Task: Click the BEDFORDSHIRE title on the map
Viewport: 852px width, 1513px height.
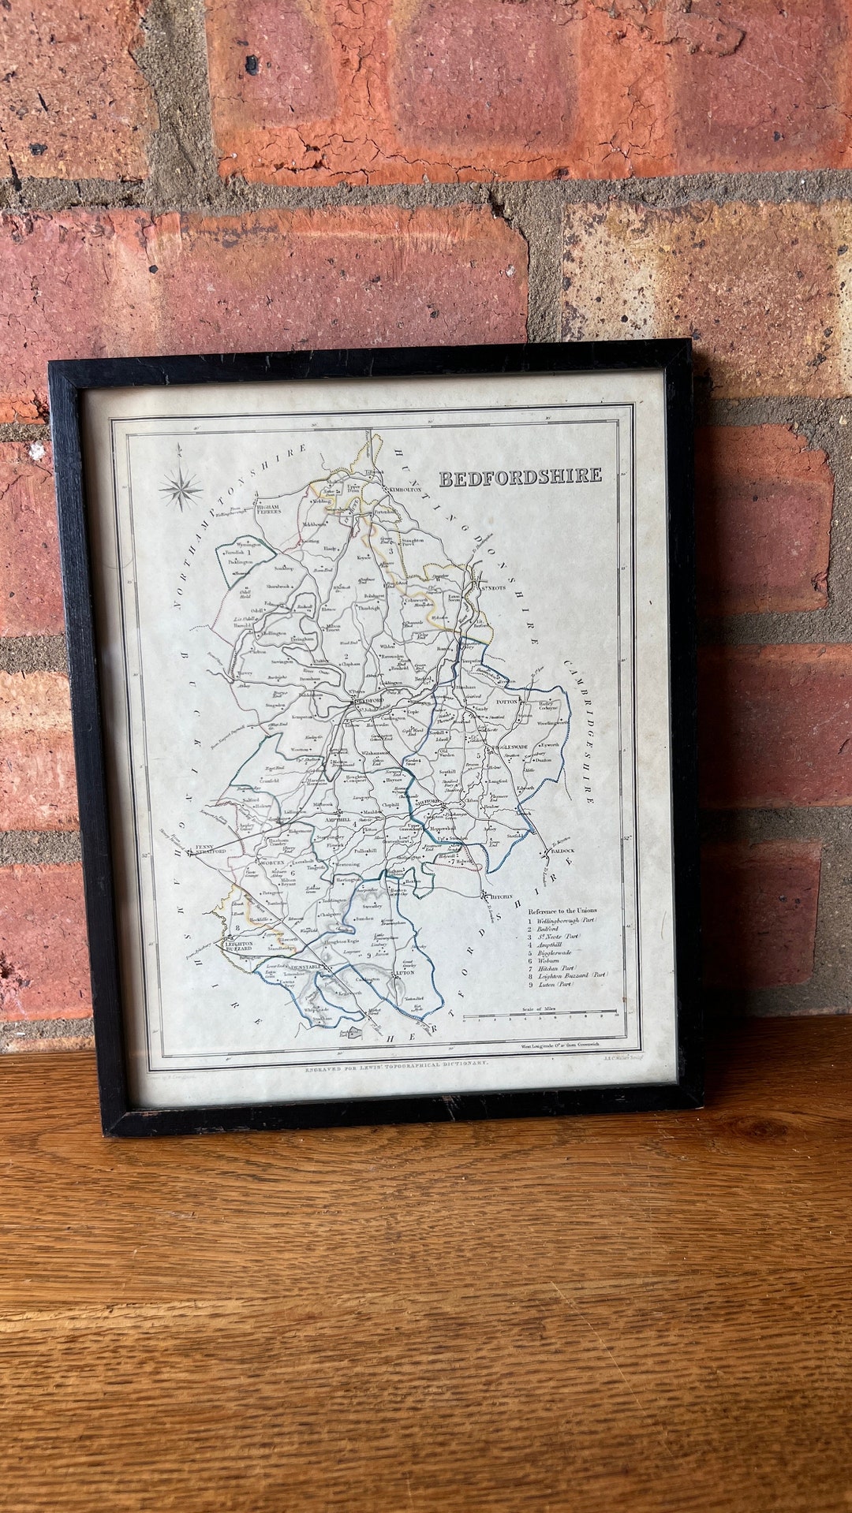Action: (x=519, y=477)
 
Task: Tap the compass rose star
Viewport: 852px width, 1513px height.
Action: (x=181, y=488)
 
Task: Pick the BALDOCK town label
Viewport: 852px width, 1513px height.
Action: (x=563, y=852)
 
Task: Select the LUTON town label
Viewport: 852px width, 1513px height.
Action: (x=405, y=974)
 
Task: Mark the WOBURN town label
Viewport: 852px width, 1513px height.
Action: (x=259, y=863)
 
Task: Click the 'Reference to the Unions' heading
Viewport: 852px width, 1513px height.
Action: (x=562, y=911)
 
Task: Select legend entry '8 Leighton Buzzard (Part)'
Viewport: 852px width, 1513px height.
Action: (x=568, y=975)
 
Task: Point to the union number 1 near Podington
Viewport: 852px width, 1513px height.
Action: (x=249, y=553)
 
